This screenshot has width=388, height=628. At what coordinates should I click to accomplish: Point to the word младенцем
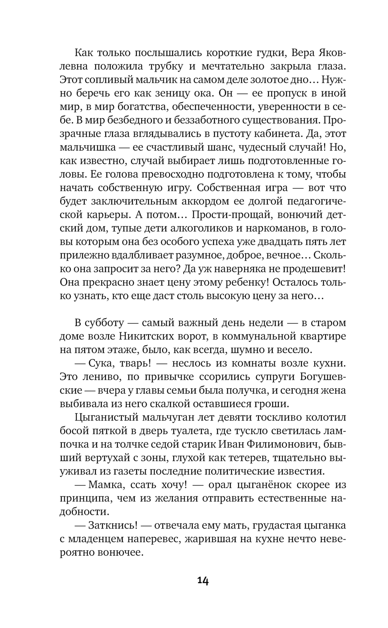click(x=111, y=539)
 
